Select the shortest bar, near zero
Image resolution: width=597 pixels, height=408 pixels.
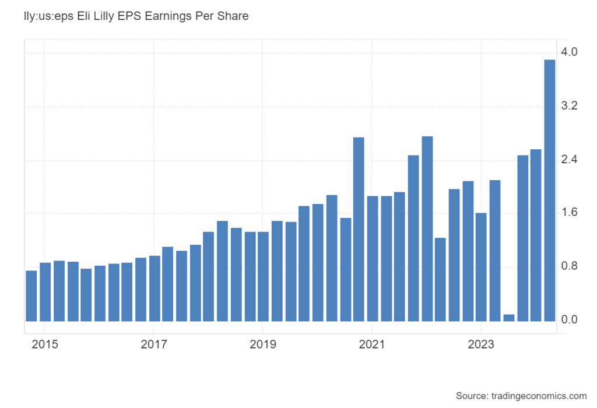(508, 318)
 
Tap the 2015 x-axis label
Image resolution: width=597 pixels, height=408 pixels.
(45, 344)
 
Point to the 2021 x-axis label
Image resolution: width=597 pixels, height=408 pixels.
(371, 344)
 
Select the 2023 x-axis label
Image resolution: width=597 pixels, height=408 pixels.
(480, 344)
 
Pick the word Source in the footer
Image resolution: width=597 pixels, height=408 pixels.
(472, 396)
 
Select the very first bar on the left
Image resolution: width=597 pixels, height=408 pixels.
(31, 296)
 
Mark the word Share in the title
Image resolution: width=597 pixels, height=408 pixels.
(234, 16)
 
